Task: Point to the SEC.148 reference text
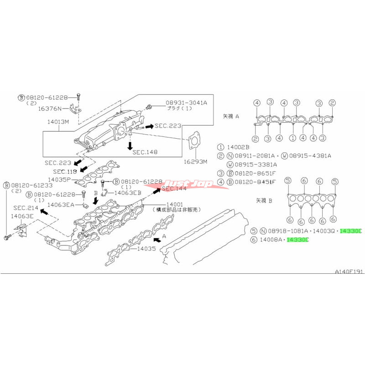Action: [145, 151]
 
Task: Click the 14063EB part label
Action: [127, 193]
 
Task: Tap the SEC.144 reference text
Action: [174, 188]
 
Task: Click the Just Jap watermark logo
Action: [189, 184]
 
